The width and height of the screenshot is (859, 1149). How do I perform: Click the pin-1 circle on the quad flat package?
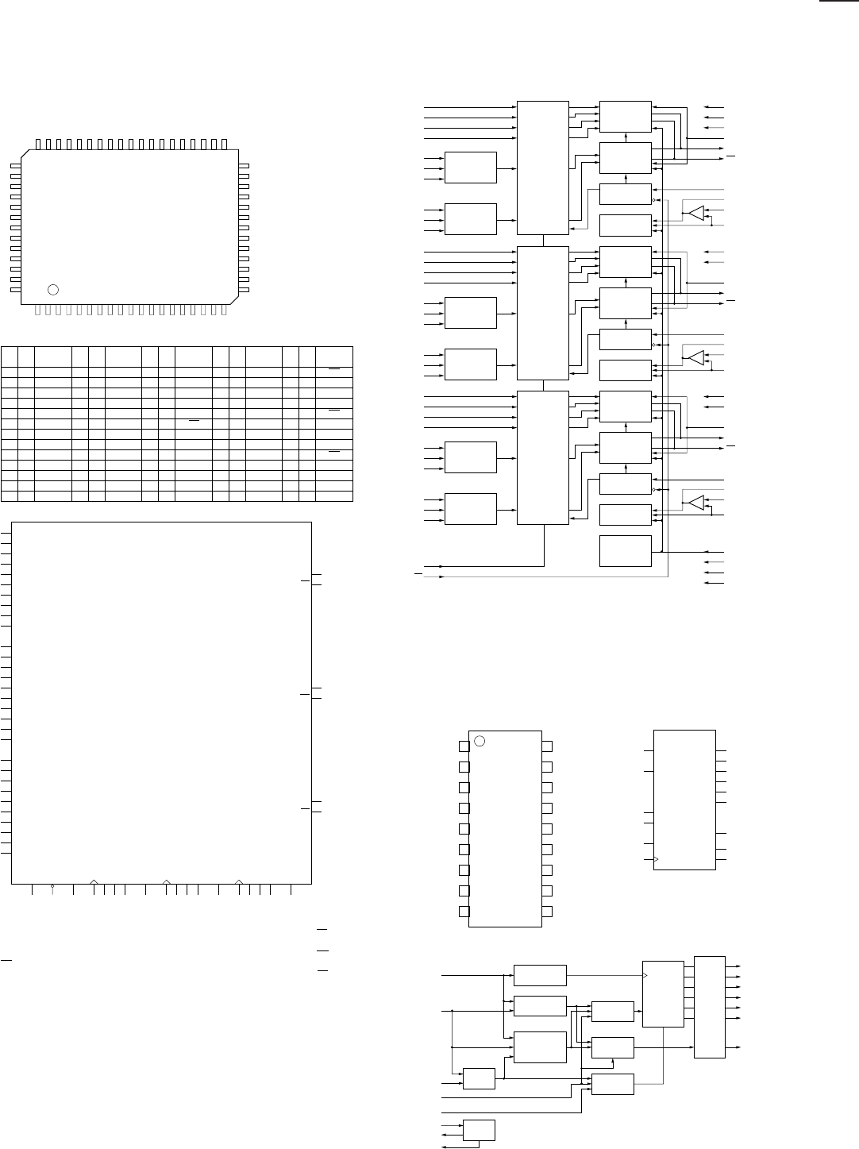(53, 288)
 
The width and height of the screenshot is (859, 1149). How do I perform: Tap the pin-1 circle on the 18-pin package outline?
(480, 741)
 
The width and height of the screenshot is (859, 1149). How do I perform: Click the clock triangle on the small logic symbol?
(657, 860)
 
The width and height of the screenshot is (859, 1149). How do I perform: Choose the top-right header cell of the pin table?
(334, 355)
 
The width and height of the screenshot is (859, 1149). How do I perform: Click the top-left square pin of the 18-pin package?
(463, 746)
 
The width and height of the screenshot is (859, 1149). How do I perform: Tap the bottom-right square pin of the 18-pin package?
(547, 911)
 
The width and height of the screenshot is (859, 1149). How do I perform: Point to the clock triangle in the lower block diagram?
(645, 974)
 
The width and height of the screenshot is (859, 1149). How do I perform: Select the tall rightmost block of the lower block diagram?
(709, 1007)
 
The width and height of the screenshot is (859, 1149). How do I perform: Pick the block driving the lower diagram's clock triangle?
(540, 974)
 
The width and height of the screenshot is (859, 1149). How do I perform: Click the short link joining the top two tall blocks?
(543, 241)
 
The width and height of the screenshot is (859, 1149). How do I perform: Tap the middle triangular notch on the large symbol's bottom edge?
(167, 881)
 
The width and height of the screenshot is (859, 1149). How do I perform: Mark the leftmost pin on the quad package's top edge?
(39, 144)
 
